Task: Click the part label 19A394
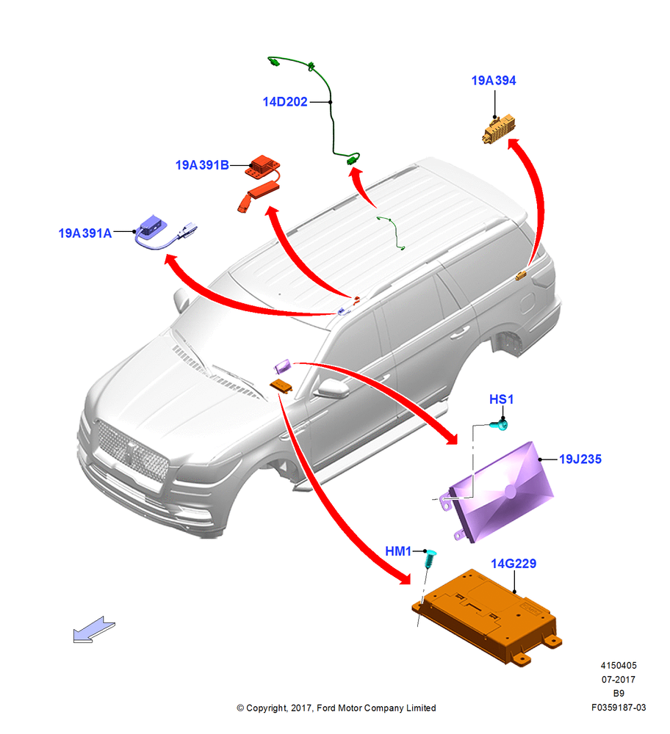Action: point(493,81)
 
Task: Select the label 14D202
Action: point(285,101)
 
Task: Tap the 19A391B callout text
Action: point(202,165)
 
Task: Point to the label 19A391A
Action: point(84,233)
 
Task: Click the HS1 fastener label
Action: point(501,399)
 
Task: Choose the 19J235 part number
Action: point(580,459)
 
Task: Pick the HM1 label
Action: point(397,551)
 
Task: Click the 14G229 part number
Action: point(514,564)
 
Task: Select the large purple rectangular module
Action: point(499,492)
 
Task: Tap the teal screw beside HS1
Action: point(499,424)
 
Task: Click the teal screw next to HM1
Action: point(431,558)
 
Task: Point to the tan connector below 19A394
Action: point(499,129)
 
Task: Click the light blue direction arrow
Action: point(94,629)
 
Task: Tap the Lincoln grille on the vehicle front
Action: point(132,451)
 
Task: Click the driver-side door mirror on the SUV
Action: point(332,388)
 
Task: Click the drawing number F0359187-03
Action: point(618,708)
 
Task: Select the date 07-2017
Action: point(618,679)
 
